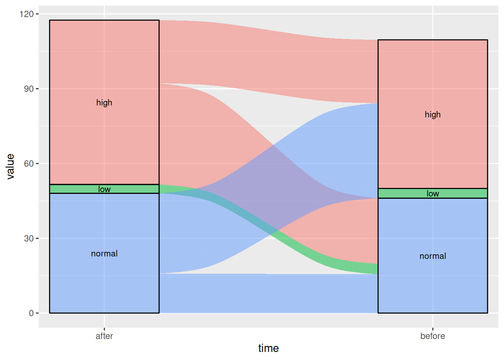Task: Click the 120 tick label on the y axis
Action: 26,14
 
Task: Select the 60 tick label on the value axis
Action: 28,163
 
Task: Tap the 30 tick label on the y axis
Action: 28,238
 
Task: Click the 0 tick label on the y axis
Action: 31,313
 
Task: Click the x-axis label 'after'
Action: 104,336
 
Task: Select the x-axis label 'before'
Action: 432,336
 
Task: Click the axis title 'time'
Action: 268,348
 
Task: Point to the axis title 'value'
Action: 10,166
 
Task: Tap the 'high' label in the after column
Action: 104,103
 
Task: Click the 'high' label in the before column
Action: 432,115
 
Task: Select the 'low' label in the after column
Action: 104,189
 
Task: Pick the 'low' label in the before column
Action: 432,194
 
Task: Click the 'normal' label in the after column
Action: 104,254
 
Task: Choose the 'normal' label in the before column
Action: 432,256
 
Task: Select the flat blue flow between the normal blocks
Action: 268,294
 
